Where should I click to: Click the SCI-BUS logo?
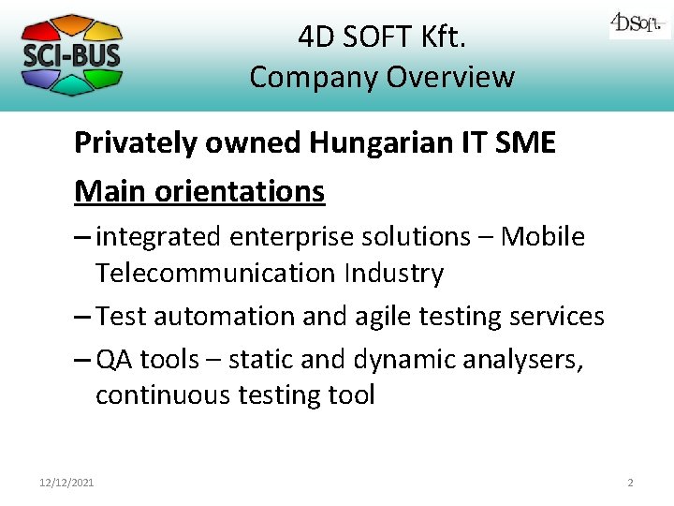pyautogui.click(x=71, y=54)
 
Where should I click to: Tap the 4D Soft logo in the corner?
pyautogui.click(x=639, y=23)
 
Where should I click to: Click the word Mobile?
pyautogui.click(x=543, y=237)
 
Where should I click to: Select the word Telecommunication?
pyautogui.click(x=215, y=274)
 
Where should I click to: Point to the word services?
pyautogui.click(x=553, y=317)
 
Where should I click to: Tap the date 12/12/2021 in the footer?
pyautogui.click(x=66, y=483)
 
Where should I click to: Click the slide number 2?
pyautogui.click(x=630, y=483)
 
